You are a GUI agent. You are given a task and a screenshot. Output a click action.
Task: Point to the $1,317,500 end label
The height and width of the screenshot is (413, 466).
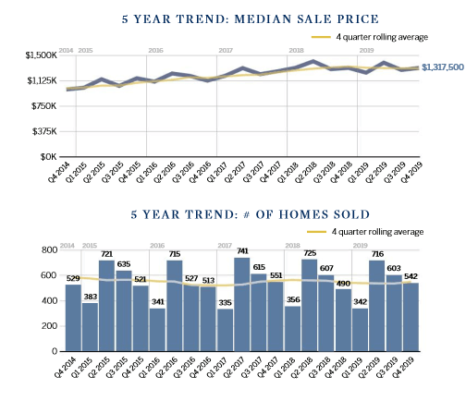[443, 67]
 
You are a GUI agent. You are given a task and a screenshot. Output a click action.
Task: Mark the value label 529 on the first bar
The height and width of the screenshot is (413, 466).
[72, 278]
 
